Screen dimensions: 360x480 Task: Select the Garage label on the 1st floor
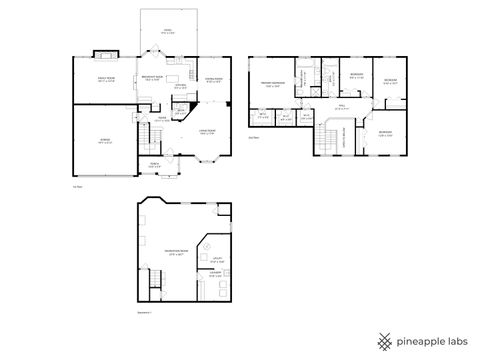coord(104,139)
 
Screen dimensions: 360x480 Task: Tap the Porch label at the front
coord(155,164)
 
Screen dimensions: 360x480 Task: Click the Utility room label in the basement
coord(216,261)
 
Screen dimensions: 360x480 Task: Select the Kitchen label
coord(180,86)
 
